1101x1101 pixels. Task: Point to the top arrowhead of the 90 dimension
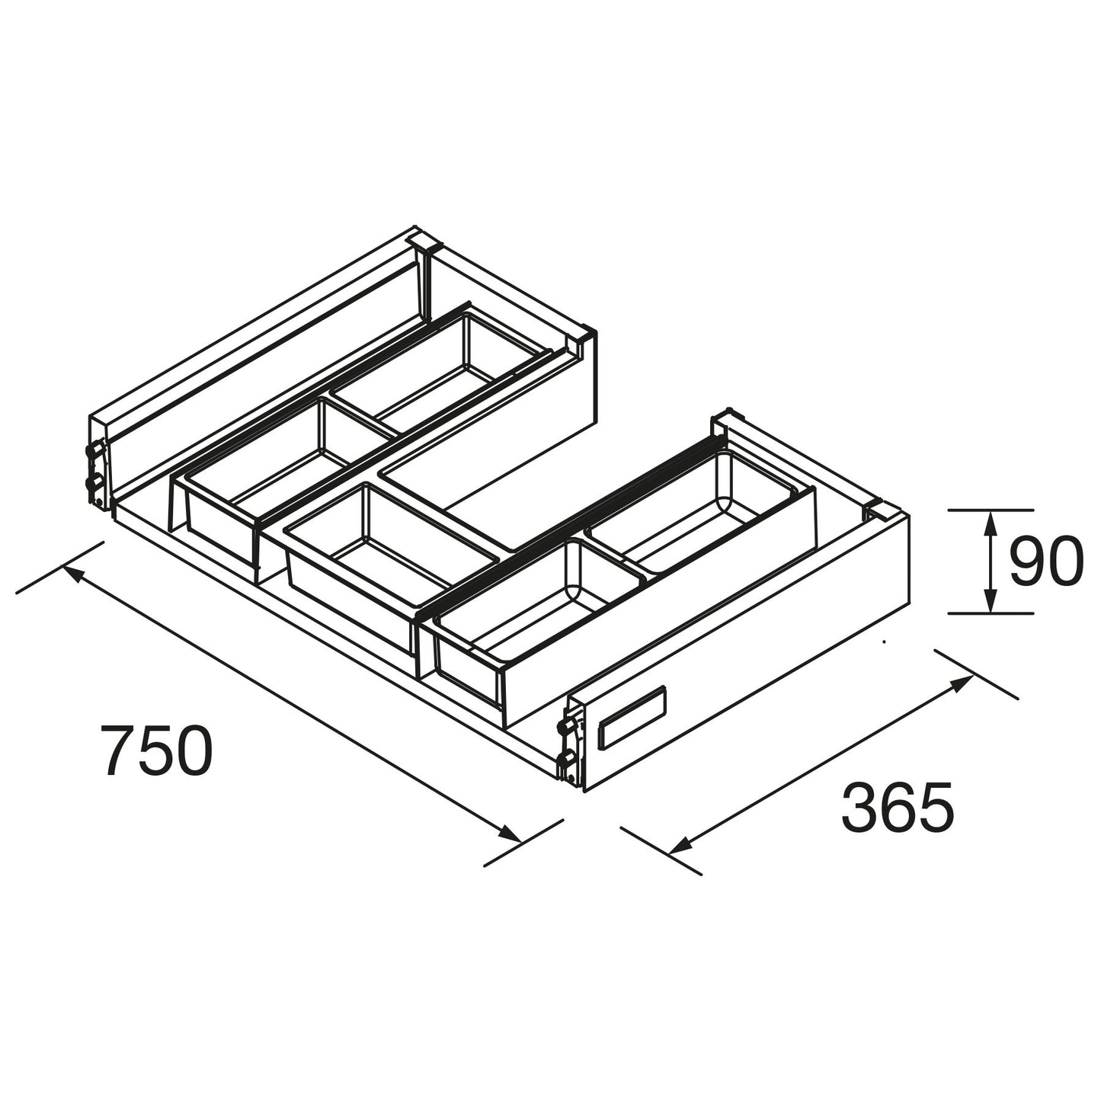pyautogui.click(x=992, y=522)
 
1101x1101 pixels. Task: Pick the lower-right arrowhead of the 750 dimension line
pyautogui.click(x=508, y=833)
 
